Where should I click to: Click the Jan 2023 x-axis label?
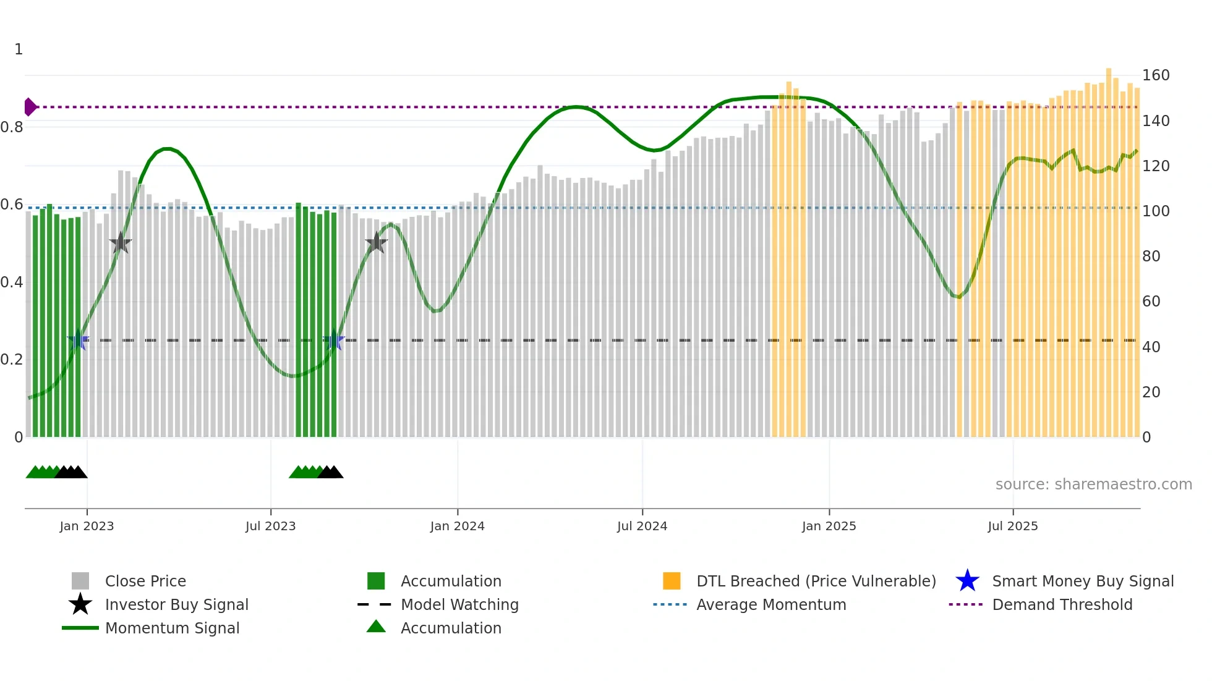tap(87, 526)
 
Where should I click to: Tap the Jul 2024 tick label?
tap(642, 526)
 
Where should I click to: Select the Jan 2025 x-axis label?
tap(829, 526)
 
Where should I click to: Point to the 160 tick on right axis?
tap(1155, 75)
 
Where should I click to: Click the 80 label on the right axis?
tap(1151, 256)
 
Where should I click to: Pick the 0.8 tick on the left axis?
tap(12, 127)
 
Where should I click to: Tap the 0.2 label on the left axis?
tap(12, 360)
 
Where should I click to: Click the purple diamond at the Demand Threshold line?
tap(30, 107)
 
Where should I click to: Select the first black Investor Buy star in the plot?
tap(121, 243)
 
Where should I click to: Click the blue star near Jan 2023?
tap(78, 340)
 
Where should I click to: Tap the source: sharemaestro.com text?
tap(1093, 484)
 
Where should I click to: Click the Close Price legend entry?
tap(145, 581)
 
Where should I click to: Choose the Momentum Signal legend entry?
tap(172, 628)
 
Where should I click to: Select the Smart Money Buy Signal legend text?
tap(1083, 581)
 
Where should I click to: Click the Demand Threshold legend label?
tap(1062, 604)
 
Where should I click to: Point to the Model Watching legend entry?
tap(459, 604)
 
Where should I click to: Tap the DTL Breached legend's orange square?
tap(672, 581)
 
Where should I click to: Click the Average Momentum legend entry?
tap(771, 604)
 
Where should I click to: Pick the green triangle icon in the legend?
tap(376, 627)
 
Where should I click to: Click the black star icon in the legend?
tap(80, 604)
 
